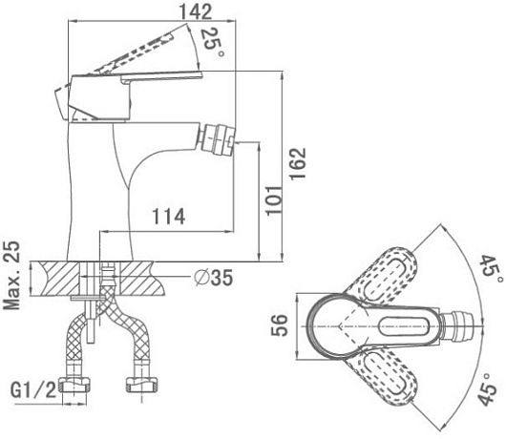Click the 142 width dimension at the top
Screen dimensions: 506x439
pos(196,12)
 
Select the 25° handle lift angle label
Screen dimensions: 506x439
pos(212,43)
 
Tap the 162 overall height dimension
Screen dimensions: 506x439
pos(297,163)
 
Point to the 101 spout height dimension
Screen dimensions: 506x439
pos(274,200)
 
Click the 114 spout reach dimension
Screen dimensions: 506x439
pos(169,217)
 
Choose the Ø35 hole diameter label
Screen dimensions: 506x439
pos(213,278)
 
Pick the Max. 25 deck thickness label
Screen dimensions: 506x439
pos(12,275)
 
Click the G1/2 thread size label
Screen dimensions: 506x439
pos(33,389)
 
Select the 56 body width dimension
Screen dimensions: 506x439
pos(279,325)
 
